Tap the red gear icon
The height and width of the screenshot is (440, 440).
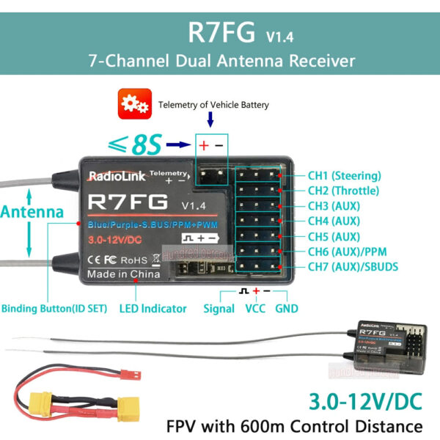[134, 105]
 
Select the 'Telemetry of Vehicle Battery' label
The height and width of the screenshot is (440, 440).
[214, 105]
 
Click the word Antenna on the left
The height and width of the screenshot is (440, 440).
[30, 212]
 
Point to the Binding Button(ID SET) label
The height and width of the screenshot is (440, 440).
[52, 309]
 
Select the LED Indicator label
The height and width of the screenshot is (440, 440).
[153, 309]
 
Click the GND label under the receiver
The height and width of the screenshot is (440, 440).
[286, 309]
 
